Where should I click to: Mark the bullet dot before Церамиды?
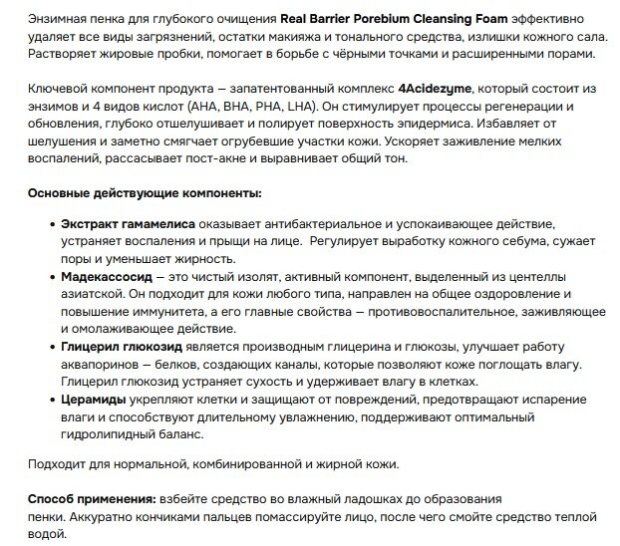tap(52, 400)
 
